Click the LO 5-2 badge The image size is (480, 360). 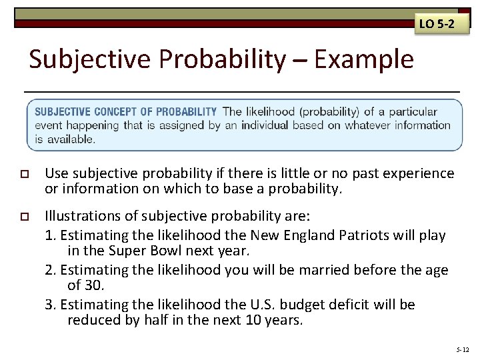coord(437,25)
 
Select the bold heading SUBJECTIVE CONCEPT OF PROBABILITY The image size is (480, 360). coord(125,111)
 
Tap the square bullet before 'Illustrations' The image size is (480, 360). coord(26,217)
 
